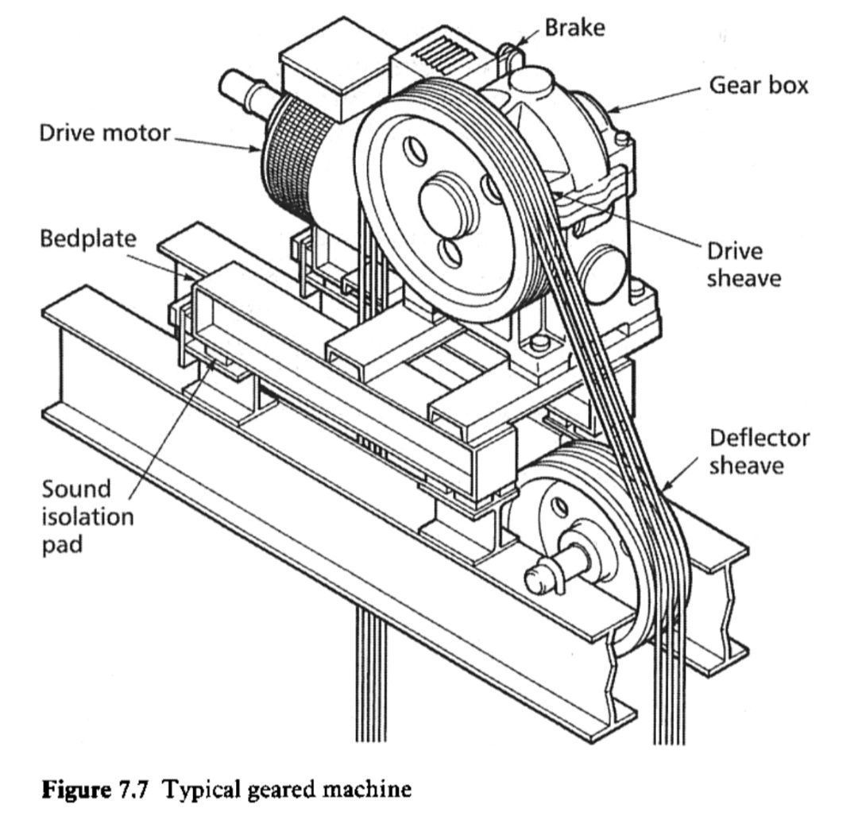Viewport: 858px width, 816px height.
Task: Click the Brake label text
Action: pos(574,28)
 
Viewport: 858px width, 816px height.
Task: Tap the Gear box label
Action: pos(759,85)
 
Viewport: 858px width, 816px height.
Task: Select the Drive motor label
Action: pos(105,133)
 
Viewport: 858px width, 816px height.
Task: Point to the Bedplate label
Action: pos(88,238)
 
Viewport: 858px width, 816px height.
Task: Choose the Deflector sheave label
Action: pos(759,451)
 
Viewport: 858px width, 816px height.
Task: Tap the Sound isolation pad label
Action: pos(87,516)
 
